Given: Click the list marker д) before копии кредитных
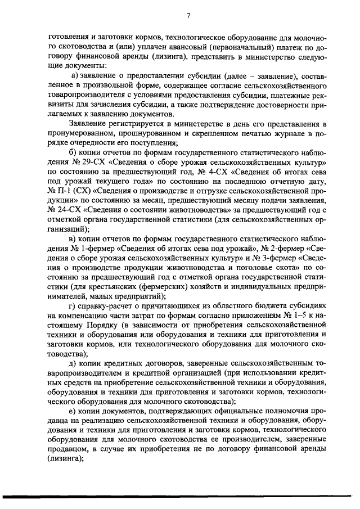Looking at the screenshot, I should pos(73,364).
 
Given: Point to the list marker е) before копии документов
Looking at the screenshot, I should pos(73,412).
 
